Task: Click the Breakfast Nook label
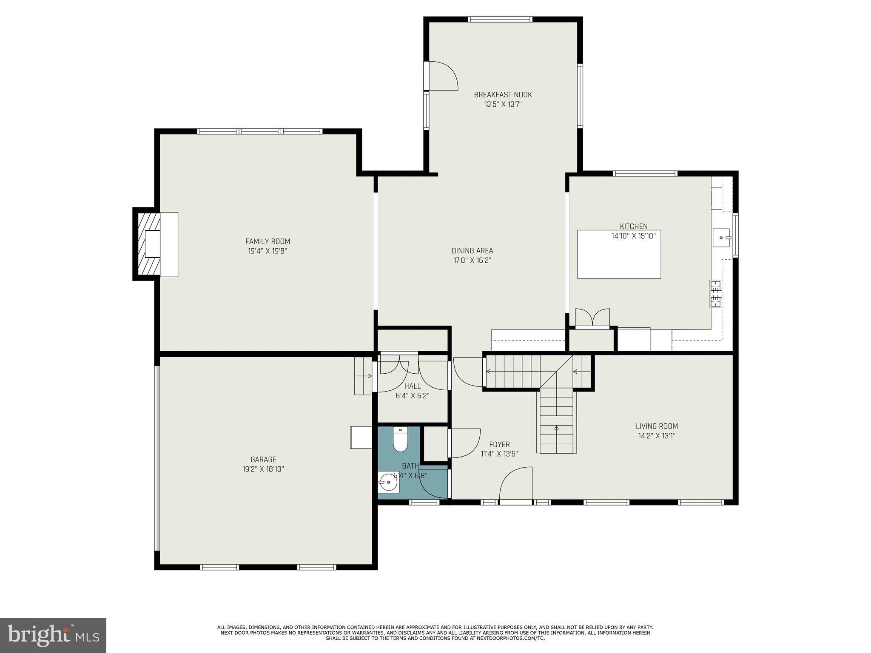point(503,95)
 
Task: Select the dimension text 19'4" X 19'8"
point(268,251)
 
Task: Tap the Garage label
point(263,460)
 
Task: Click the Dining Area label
point(472,251)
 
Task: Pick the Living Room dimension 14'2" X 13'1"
point(657,435)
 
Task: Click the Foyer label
point(499,445)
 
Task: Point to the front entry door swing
point(516,485)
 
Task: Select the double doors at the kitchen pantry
point(592,318)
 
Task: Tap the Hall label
point(412,386)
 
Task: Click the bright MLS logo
point(53,635)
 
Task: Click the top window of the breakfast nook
point(500,19)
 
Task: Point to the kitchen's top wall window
point(645,173)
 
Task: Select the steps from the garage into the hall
point(363,376)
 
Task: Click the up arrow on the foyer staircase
point(557,428)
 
